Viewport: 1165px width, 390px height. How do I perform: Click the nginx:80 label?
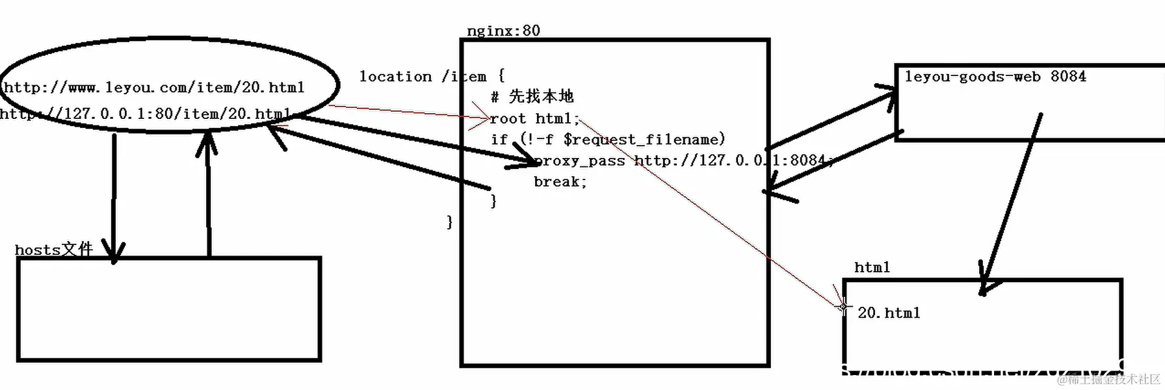coord(503,31)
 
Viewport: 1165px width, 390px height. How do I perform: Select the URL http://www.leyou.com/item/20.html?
coord(154,87)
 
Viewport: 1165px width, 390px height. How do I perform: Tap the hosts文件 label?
coord(54,250)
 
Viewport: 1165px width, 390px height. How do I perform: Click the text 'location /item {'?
coord(432,77)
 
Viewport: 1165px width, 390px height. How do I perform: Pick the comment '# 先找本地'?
coord(532,97)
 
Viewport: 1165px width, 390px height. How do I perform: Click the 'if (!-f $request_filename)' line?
coord(608,139)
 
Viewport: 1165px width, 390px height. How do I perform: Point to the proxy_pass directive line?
coord(683,161)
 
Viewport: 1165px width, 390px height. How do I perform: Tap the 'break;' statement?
coord(560,182)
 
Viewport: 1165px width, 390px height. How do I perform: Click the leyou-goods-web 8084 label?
coord(995,77)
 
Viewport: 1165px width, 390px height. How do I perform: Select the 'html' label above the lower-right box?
coord(872,267)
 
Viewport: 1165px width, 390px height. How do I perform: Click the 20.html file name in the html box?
coord(889,313)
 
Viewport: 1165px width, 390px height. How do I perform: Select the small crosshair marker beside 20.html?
coord(843,306)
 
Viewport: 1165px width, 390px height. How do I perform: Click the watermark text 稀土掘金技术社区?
coord(1113,379)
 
